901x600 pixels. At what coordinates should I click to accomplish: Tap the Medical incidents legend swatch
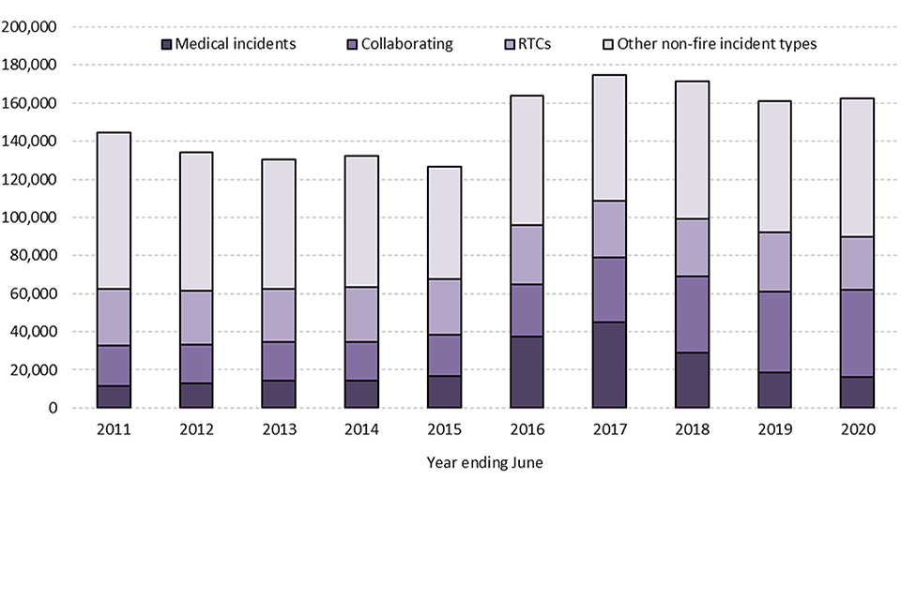(167, 44)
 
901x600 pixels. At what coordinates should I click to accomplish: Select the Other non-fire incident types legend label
(716, 44)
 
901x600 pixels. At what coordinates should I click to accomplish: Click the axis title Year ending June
(484, 462)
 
